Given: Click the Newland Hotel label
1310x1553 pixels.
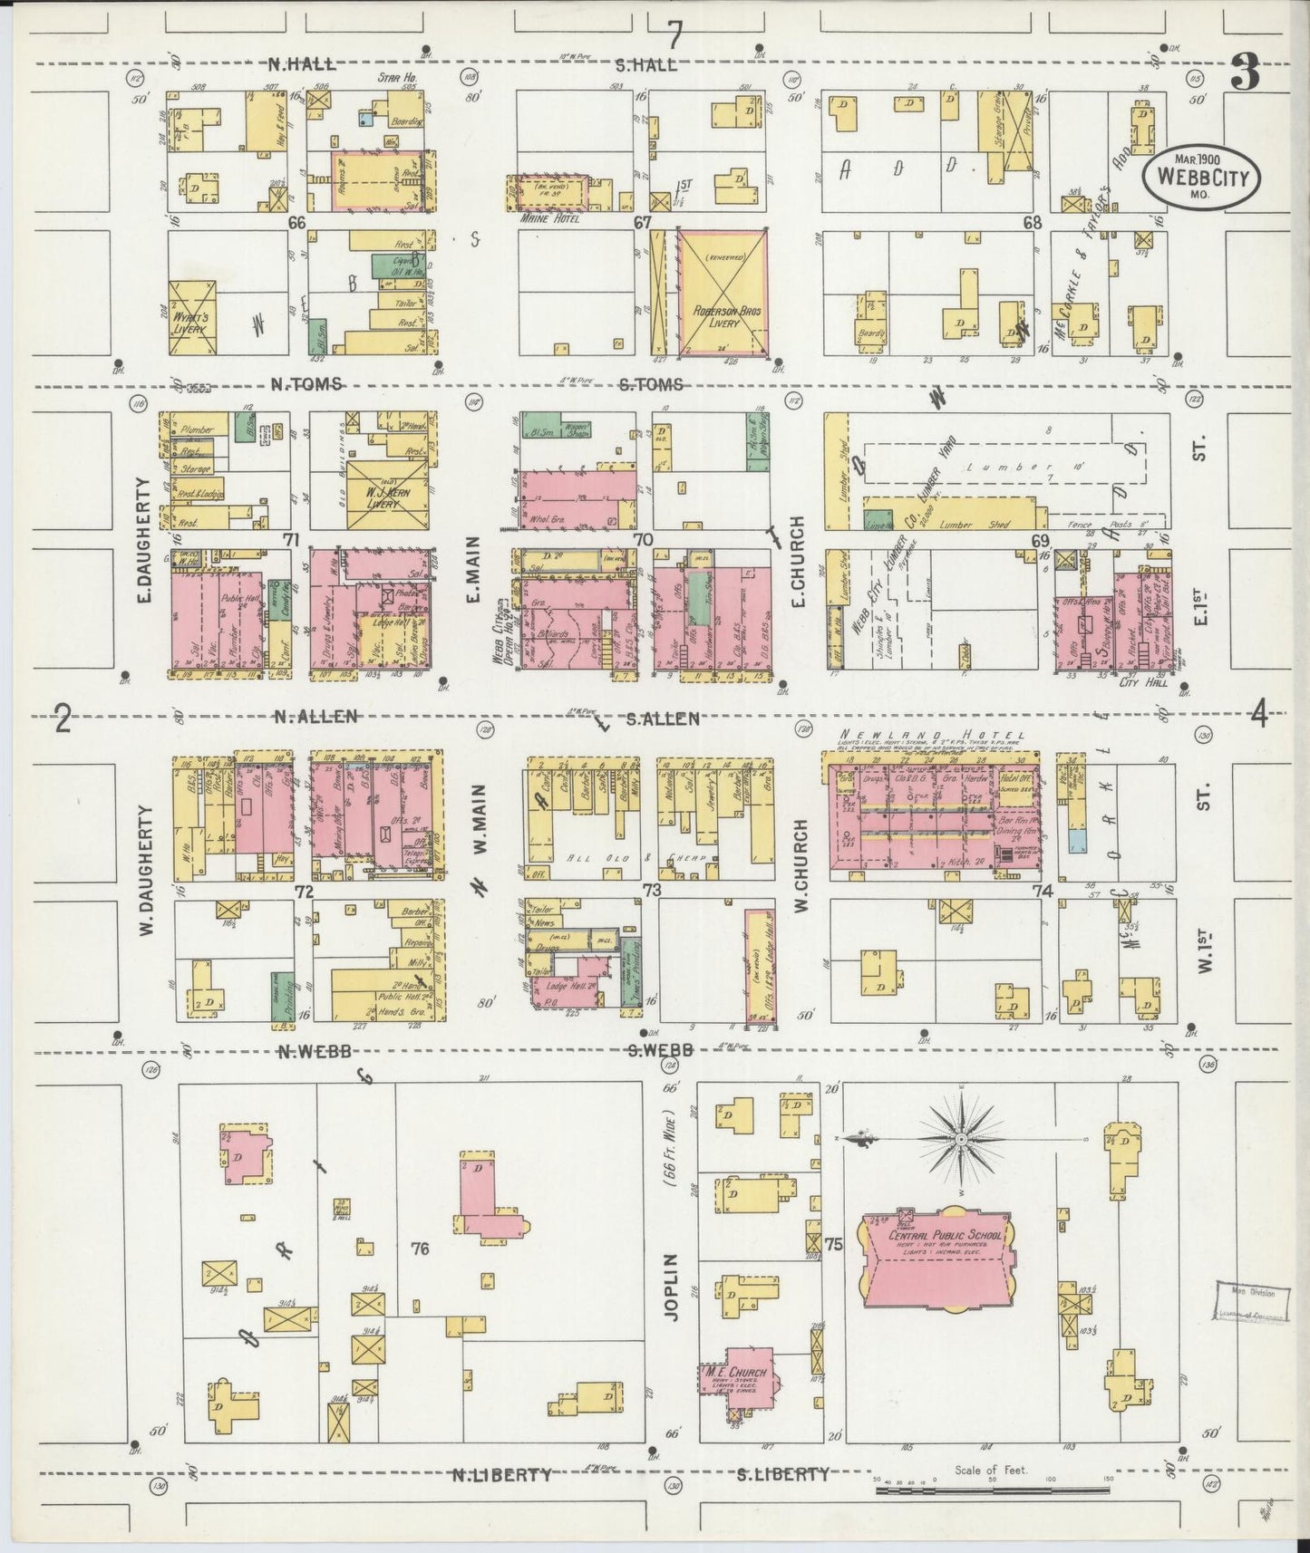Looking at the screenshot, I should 933,735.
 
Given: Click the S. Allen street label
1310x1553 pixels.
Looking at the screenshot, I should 663,719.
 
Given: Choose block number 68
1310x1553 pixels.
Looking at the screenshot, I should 1031,221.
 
